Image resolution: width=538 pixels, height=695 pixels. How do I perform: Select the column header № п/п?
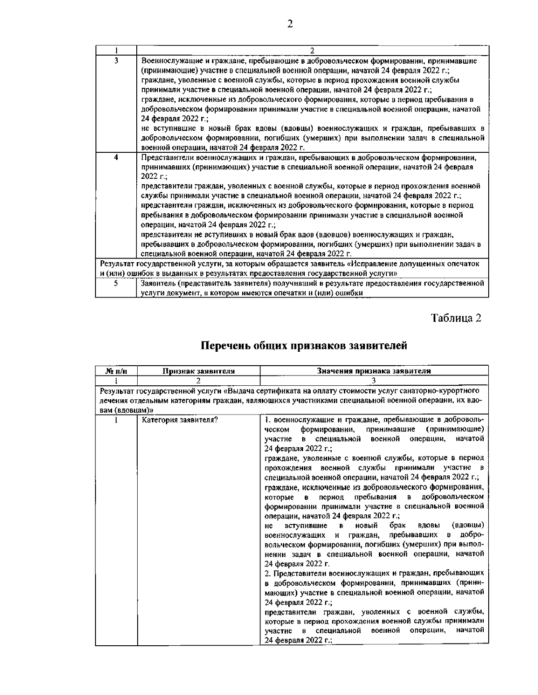[x=116, y=371]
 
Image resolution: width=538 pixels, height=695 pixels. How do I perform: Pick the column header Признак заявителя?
[x=198, y=371]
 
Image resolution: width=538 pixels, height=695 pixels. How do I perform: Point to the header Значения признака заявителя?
[x=374, y=371]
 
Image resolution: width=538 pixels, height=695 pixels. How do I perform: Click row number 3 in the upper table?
[x=116, y=60]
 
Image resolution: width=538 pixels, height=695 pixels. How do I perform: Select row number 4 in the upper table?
[x=116, y=157]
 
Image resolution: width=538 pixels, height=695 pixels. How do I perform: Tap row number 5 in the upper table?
[x=116, y=283]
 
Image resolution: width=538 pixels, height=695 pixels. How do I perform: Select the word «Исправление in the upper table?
[x=370, y=263]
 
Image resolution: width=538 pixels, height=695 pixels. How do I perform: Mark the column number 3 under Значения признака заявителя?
[x=374, y=380]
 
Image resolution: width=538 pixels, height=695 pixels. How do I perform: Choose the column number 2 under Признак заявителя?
[x=198, y=380]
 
